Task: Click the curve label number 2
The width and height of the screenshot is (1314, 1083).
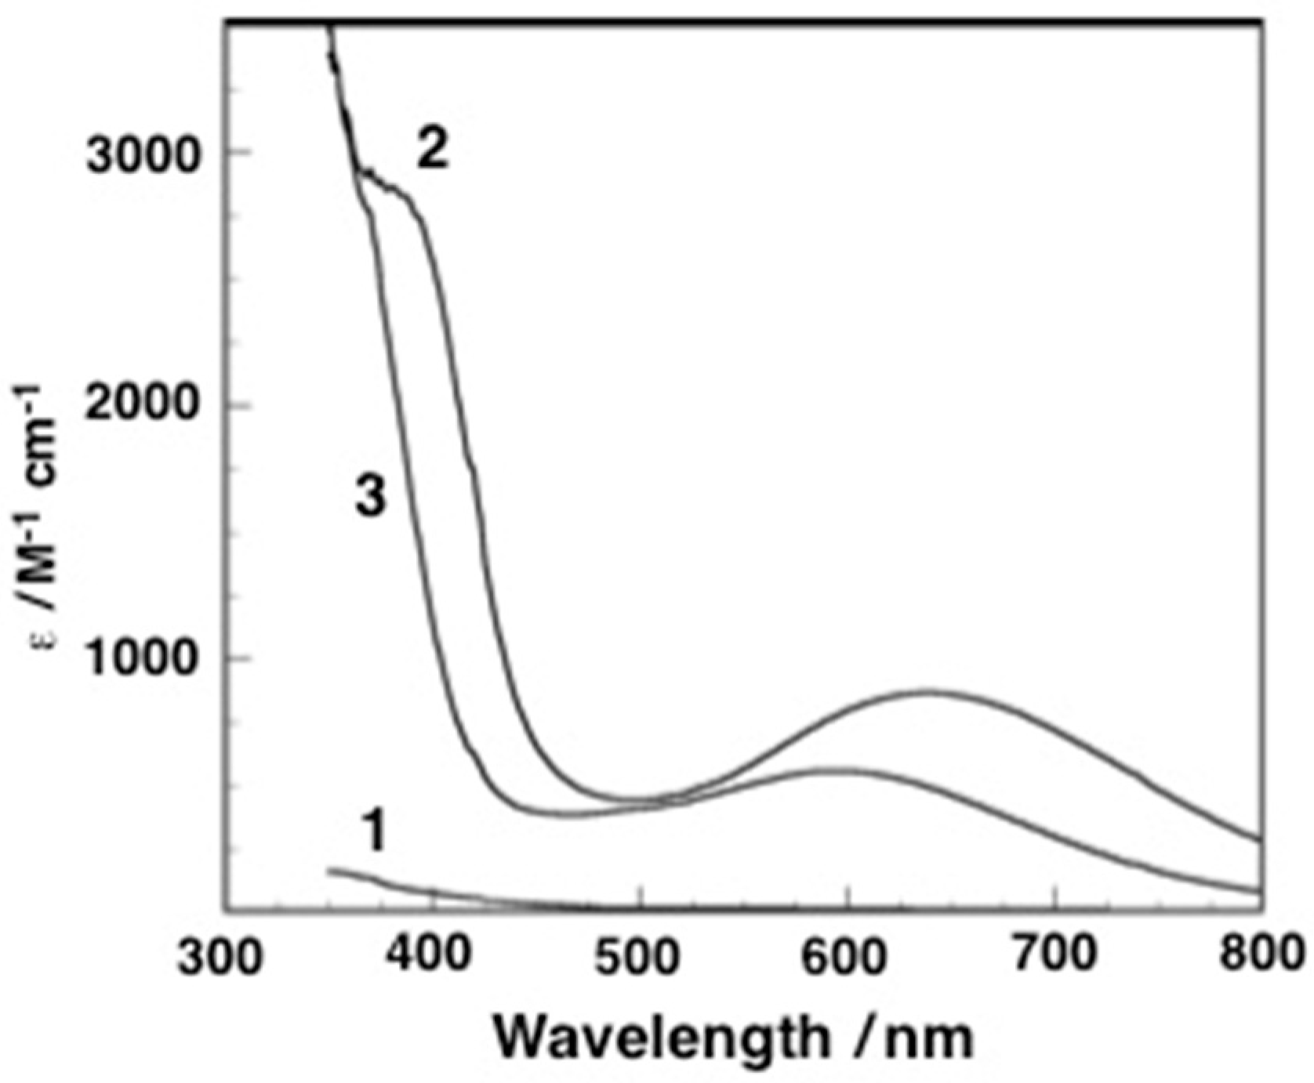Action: coord(433,149)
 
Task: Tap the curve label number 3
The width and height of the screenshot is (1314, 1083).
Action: coord(371,498)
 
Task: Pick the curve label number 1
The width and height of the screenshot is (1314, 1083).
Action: coord(375,832)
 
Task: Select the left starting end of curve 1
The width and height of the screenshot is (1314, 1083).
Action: coord(329,870)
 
